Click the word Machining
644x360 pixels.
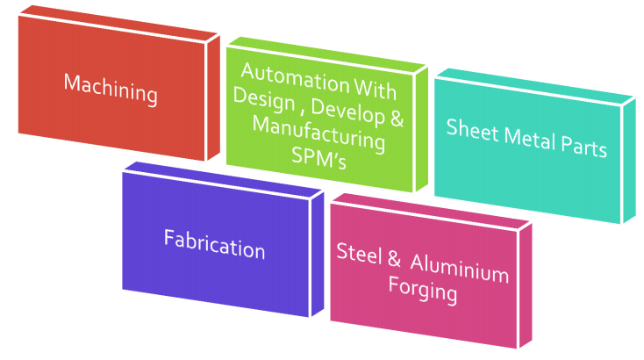pos(111,88)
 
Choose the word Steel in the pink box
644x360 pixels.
pos(359,253)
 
